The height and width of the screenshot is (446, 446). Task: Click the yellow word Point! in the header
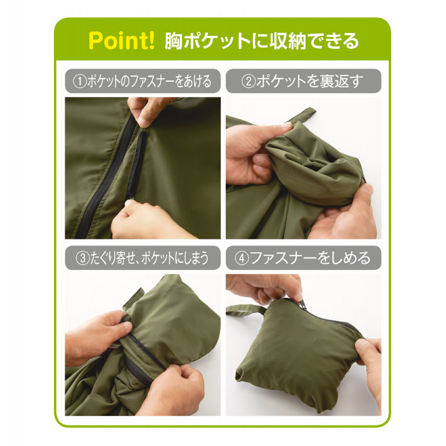click(121, 41)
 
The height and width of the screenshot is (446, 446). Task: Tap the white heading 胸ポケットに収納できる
click(262, 41)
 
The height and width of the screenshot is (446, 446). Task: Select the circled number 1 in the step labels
click(80, 81)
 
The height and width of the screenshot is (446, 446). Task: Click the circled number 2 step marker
click(248, 81)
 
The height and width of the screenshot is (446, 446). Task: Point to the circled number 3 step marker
click(83, 258)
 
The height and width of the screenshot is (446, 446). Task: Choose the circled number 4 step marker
click(242, 258)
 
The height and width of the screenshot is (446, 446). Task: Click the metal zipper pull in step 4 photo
click(304, 305)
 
